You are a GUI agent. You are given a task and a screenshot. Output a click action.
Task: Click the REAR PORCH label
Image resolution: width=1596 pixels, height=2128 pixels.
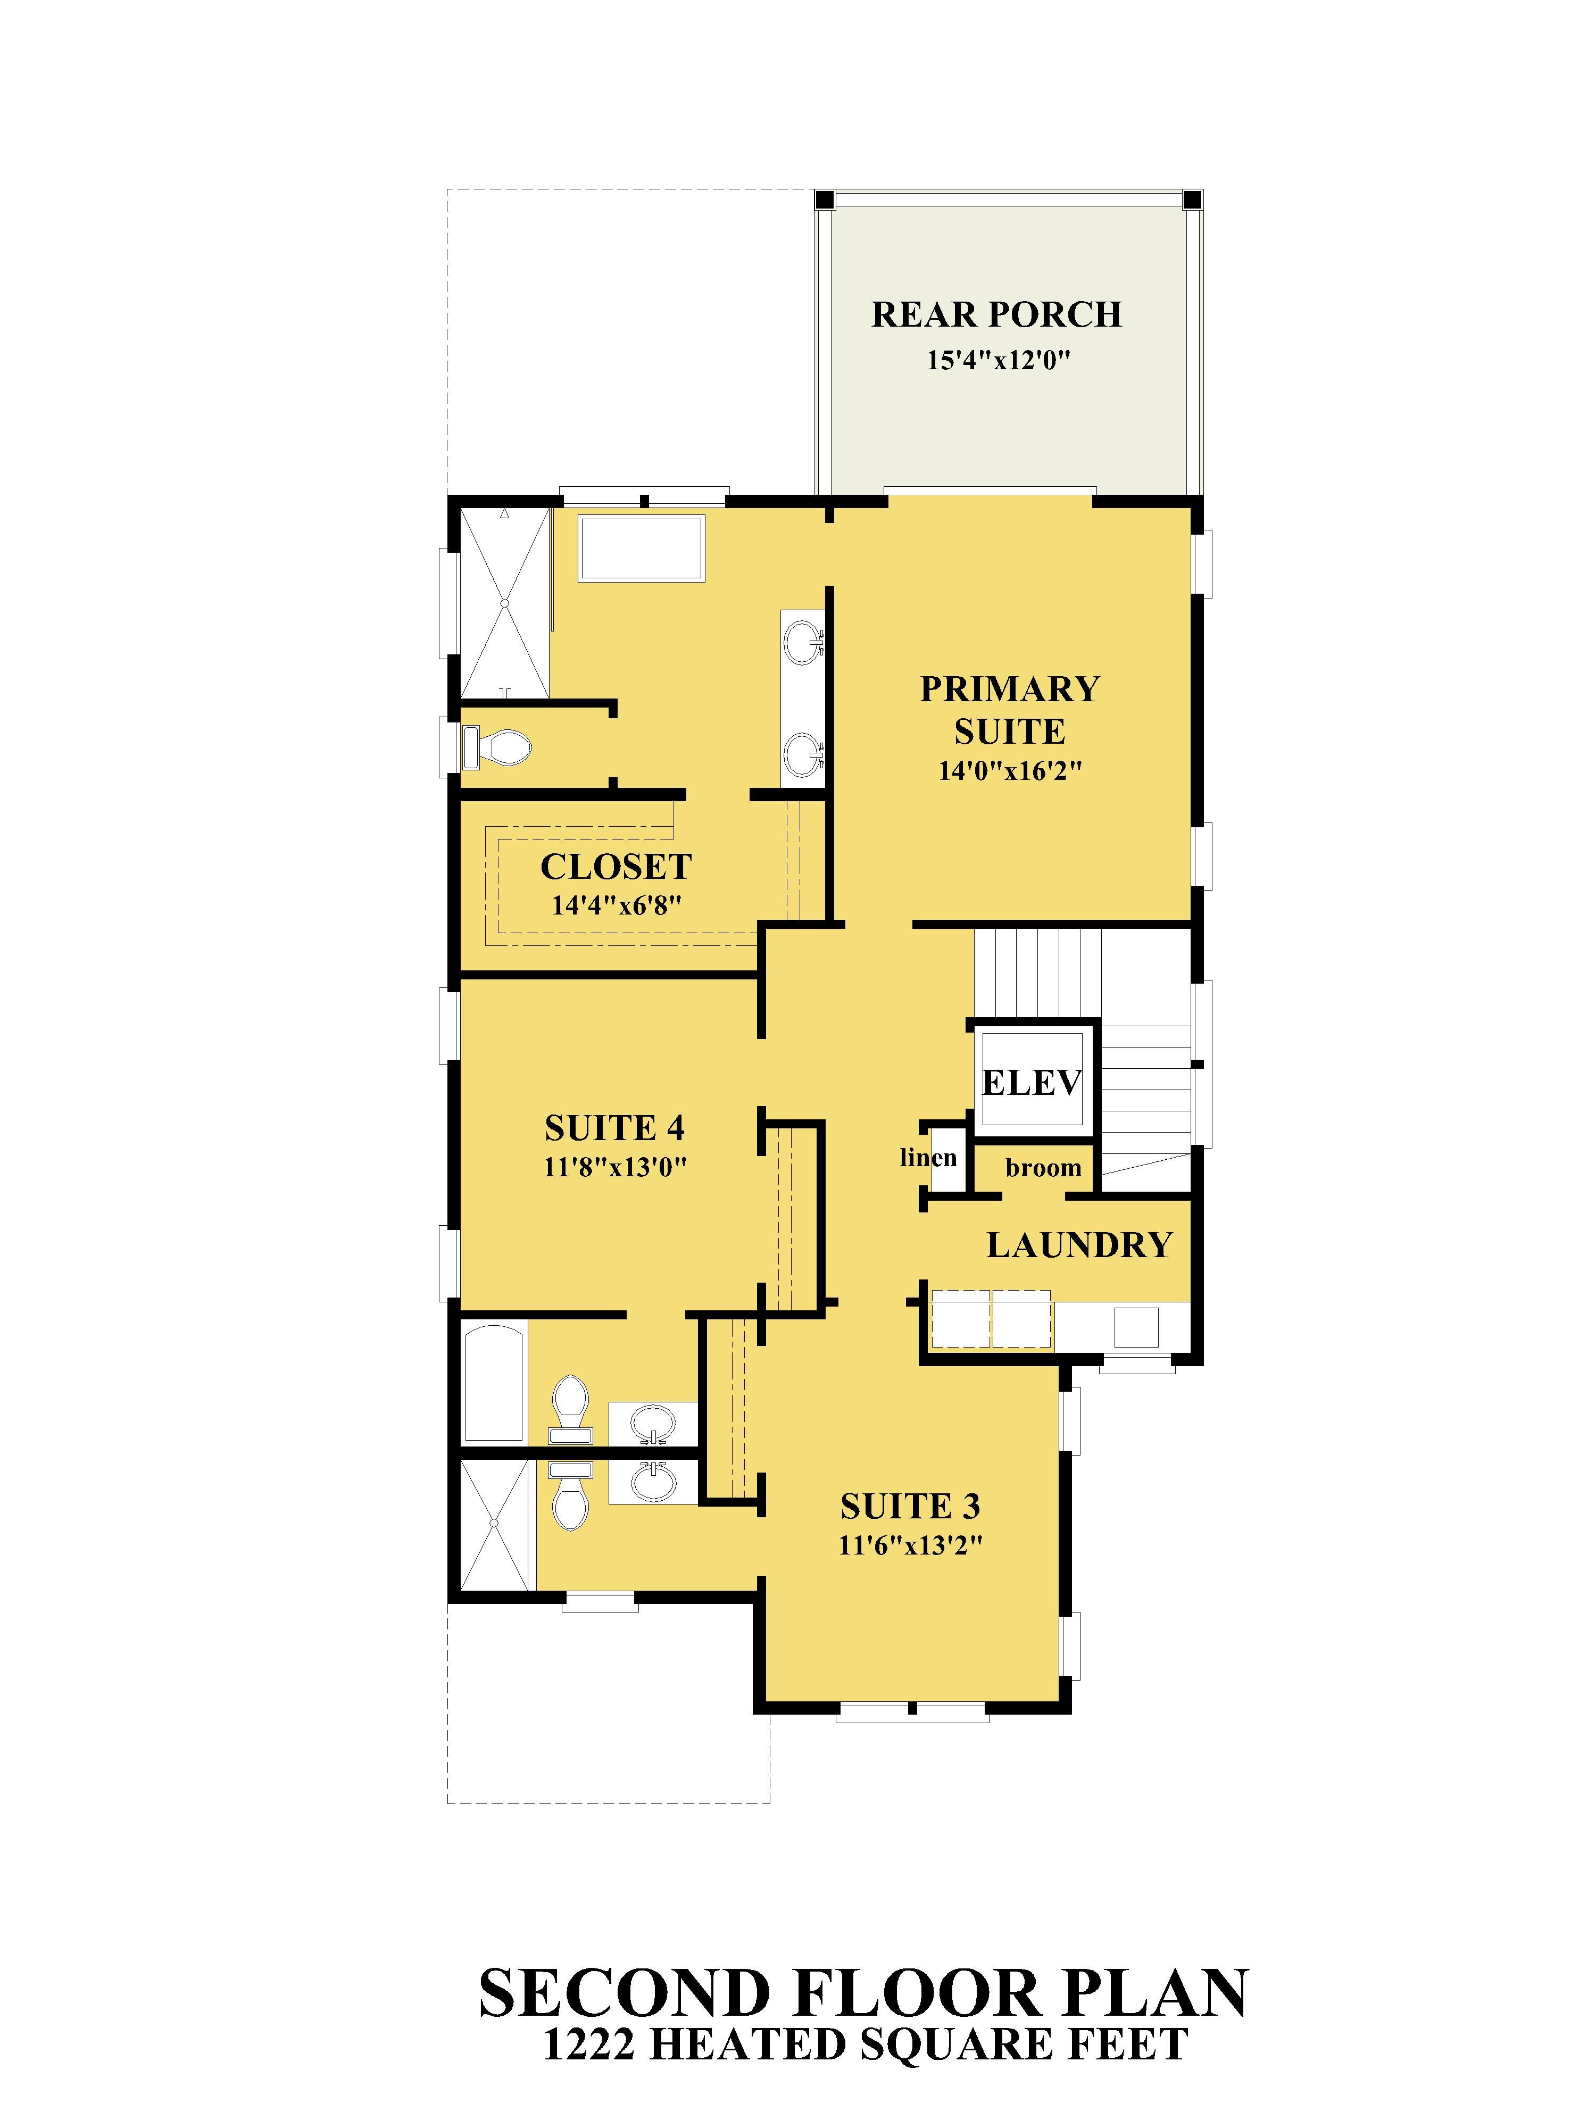tap(996, 314)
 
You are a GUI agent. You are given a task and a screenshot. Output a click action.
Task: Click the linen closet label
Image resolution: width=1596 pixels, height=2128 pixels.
tap(928, 1157)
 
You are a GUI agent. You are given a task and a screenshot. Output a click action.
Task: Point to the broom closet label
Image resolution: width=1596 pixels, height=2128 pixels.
tap(1044, 1168)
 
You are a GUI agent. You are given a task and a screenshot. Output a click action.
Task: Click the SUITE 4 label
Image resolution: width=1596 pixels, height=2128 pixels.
tap(615, 1127)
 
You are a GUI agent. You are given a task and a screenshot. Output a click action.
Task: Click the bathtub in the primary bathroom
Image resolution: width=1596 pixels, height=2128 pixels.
tap(641, 547)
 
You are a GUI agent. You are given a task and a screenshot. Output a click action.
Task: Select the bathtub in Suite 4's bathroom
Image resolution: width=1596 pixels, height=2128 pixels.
tap(494, 1383)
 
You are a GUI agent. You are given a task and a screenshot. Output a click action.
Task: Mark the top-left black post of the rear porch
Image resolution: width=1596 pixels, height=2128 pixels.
tap(825, 200)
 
